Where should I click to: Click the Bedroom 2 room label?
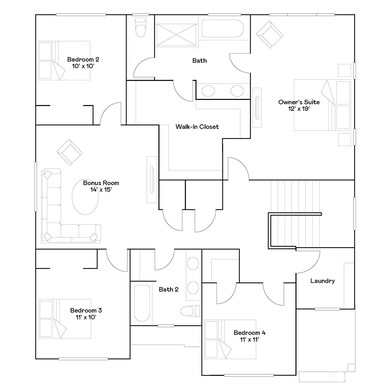(83, 60)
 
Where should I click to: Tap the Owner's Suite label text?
(298, 102)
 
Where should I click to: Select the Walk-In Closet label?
(197, 127)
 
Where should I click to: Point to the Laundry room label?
(322, 281)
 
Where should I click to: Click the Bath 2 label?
(168, 290)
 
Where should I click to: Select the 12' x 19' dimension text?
(299, 110)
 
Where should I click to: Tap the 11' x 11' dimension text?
(248, 339)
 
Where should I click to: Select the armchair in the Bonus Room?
(70, 153)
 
